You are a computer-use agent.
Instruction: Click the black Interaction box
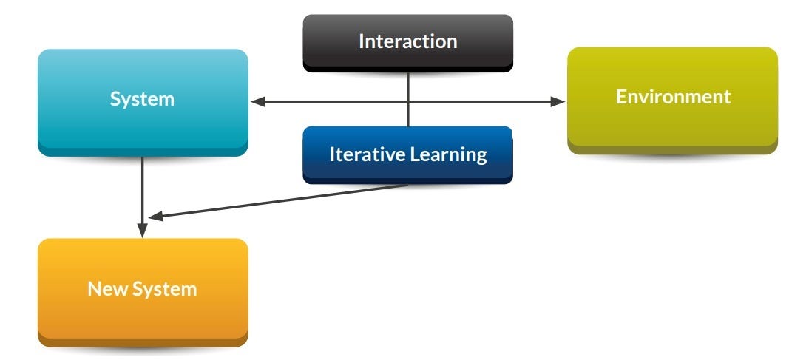tap(407, 42)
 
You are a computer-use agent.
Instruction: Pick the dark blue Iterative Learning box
tap(407, 154)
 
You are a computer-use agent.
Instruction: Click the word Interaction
tap(407, 41)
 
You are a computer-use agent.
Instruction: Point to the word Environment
tap(673, 97)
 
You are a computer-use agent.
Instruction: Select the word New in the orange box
tap(103, 288)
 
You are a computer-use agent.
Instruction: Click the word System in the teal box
tap(142, 99)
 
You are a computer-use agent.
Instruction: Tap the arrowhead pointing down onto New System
tap(142, 230)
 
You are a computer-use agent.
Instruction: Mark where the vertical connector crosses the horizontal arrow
tap(408, 102)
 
